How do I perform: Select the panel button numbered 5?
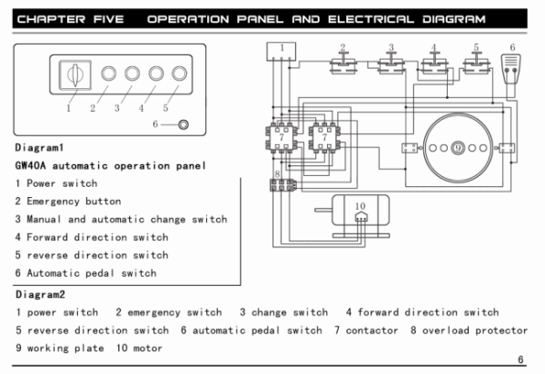click(x=180, y=74)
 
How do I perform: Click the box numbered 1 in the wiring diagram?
click(x=282, y=53)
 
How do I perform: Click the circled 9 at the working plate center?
click(x=459, y=146)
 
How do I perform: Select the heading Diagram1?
click(x=40, y=147)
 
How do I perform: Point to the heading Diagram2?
click(x=40, y=294)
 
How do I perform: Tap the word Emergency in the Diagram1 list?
click(x=55, y=201)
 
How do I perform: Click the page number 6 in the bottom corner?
click(x=520, y=360)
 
